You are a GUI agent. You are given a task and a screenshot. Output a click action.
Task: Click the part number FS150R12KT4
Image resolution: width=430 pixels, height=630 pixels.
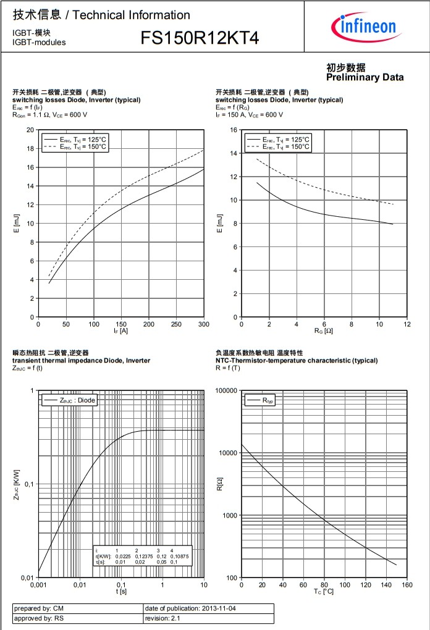coord(200,39)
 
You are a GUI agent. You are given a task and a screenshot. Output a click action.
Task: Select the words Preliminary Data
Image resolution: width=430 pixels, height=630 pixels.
coord(365,77)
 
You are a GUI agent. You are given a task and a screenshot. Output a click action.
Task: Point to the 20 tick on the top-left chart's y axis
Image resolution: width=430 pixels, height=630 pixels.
coord(30,130)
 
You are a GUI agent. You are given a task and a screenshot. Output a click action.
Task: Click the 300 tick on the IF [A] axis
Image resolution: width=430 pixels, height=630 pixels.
coord(204,324)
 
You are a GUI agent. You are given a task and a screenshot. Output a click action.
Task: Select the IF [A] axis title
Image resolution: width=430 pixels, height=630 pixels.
coord(121,332)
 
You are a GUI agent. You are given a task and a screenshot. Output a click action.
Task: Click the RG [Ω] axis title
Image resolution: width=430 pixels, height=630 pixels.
coord(324,332)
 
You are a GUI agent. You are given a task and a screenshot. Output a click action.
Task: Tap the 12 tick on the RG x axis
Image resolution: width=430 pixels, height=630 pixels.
coord(407,324)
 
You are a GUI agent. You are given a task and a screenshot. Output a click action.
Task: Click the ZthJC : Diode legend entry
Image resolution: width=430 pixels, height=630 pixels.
coord(69,400)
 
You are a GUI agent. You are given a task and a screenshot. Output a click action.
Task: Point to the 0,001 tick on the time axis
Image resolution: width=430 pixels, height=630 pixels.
coord(38,584)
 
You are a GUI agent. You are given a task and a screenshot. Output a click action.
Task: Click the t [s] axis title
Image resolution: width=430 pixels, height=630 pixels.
coord(121,591)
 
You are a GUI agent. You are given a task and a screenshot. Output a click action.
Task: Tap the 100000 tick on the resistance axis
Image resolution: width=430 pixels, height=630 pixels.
coord(226,391)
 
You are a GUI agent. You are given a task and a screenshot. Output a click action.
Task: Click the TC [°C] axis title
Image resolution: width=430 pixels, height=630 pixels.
coord(324,592)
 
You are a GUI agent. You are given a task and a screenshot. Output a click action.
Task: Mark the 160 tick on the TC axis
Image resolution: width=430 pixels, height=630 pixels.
coord(407,584)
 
